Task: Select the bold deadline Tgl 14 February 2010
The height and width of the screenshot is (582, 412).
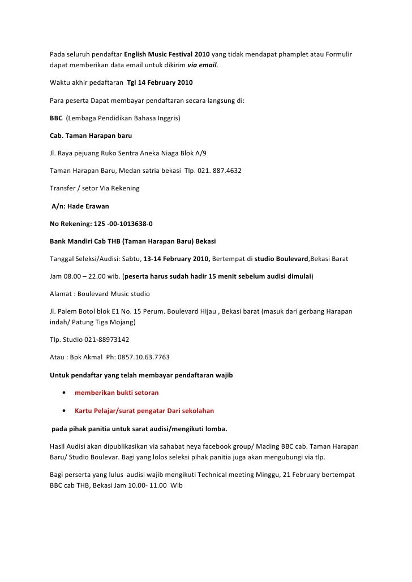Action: (x=160, y=83)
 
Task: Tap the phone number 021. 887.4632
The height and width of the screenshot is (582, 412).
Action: (x=220, y=170)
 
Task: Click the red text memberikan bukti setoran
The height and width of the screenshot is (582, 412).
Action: (x=117, y=392)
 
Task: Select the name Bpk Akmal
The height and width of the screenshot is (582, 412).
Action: (x=84, y=357)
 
